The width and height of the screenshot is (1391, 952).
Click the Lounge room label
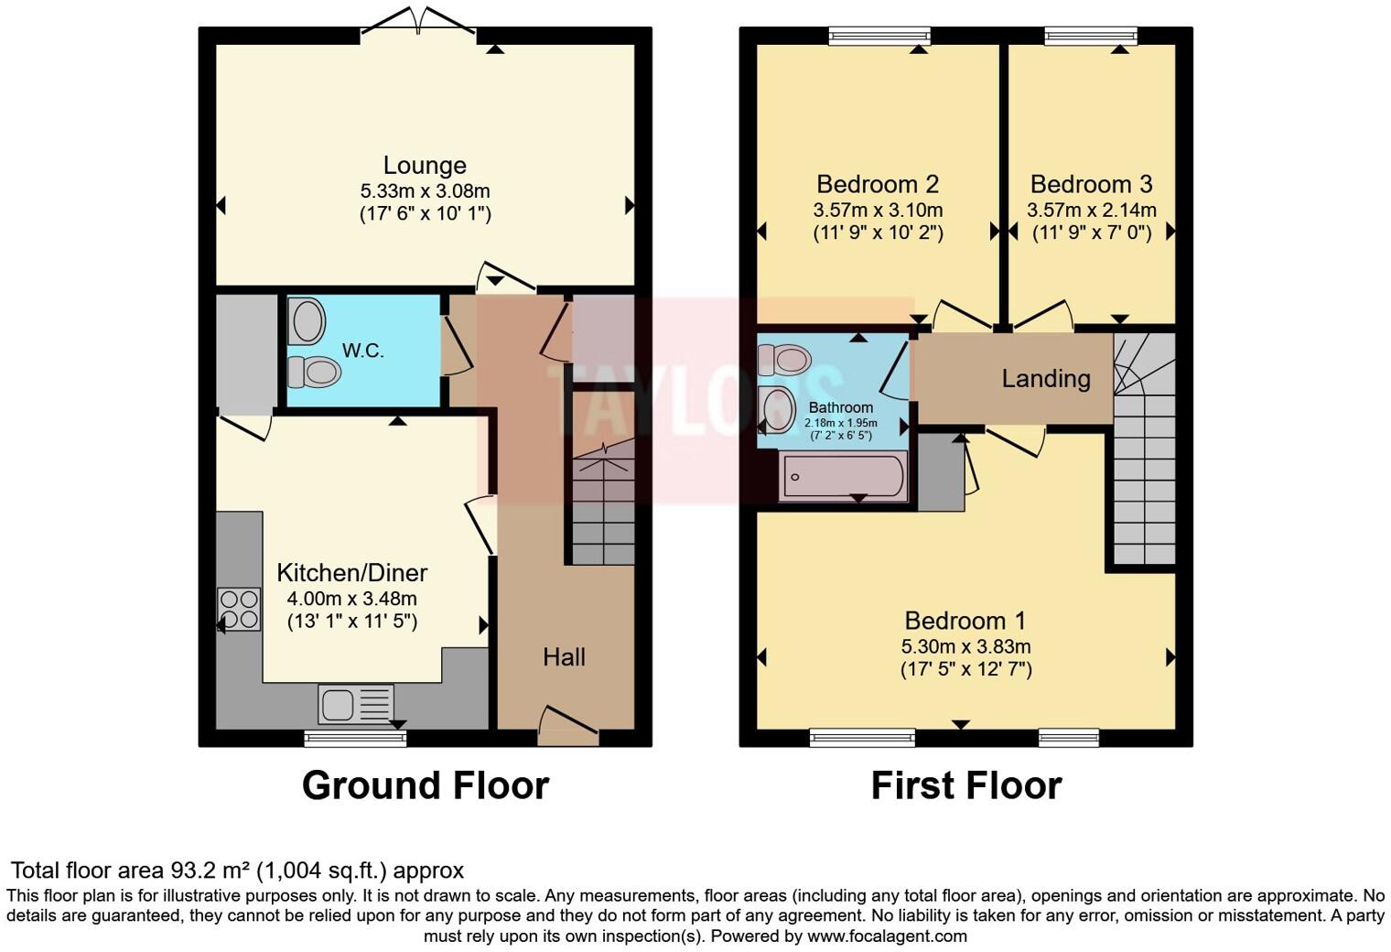tap(425, 166)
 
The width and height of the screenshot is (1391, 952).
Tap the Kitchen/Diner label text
tap(352, 573)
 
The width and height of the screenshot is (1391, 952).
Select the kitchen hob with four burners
tap(239, 610)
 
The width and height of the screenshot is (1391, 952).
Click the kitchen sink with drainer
tap(356, 704)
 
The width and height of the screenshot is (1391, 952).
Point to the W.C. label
tap(363, 351)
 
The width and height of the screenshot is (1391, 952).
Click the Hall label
tap(564, 656)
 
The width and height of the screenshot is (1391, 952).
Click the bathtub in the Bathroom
tap(843, 477)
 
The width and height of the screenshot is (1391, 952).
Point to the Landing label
tap(1046, 378)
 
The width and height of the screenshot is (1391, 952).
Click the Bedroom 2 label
tap(878, 184)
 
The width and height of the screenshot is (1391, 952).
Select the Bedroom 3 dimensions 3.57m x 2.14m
tap(1092, 211)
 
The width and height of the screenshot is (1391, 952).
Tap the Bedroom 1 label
tap(965, 622)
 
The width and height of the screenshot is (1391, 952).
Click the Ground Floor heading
tap(426, 785)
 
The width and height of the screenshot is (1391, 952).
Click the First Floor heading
tap(966, 785)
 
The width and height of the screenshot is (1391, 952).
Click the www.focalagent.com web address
tap(887, 936)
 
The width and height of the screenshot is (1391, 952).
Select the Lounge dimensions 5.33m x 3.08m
tap(425, 191)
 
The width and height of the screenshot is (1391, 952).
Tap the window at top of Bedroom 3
tap(1091, 37)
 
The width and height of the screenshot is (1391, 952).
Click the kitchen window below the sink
tap(355, 738)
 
